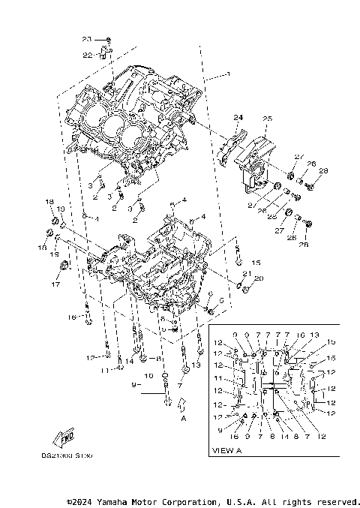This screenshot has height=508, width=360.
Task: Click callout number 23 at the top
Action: tap(86, 38)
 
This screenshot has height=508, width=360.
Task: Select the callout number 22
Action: tap(87, 55)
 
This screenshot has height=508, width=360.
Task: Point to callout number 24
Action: tap(238, 118)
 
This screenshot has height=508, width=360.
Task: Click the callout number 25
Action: tap(266, 119)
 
